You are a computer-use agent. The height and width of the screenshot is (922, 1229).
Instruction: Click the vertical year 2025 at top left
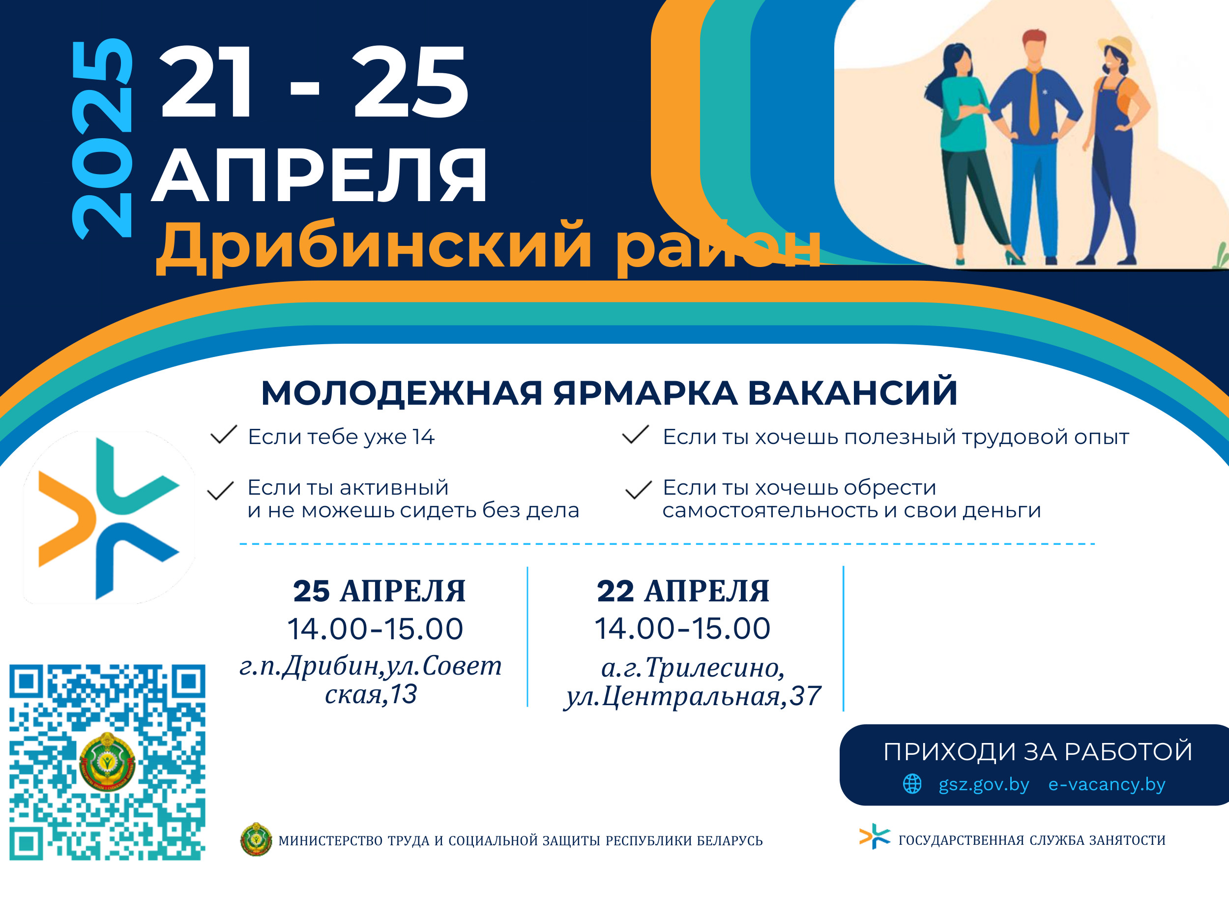[102, 139]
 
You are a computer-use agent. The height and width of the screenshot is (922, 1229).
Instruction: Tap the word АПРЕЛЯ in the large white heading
[320, 176]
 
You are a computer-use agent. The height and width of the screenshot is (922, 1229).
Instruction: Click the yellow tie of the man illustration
[1033, 100]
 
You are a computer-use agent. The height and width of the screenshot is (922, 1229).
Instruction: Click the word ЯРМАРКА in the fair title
[645, 393]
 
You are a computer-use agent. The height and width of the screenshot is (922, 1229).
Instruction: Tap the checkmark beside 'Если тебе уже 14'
[224, 435]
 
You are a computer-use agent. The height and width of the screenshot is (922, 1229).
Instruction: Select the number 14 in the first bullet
[423, 437]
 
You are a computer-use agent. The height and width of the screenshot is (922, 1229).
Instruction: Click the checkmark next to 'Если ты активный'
[220, 490]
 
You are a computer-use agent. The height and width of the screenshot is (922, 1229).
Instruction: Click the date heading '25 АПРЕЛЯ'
[379, 591]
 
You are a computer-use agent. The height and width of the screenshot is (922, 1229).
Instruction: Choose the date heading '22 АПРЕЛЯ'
[683, 591]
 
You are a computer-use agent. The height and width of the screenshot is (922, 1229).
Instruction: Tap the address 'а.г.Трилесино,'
[693, 667]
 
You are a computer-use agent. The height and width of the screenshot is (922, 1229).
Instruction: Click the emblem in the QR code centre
[107, 762]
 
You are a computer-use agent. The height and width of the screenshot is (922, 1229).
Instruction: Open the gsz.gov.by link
[983, 784]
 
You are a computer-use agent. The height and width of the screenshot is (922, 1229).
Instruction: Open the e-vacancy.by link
[1106, 784]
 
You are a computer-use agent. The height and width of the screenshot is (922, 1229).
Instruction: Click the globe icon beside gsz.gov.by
[912, 784]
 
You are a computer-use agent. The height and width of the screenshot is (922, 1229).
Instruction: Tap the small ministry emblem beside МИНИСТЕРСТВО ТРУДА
[256, 839]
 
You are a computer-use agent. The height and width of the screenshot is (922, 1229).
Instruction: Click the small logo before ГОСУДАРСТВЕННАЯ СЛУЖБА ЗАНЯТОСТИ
[874, 836]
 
